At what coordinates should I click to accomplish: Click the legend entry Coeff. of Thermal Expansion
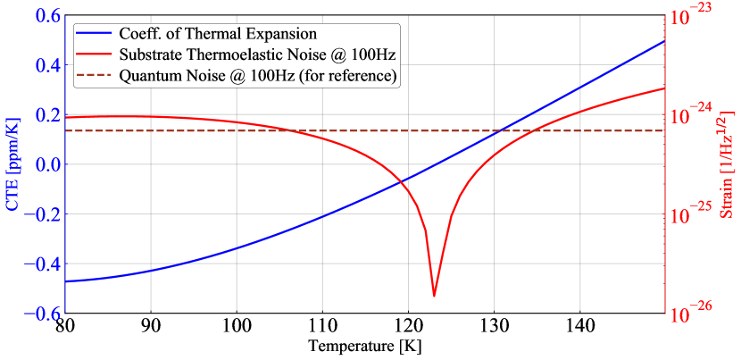coord(219,34)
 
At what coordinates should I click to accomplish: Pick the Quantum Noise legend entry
coord(258,76)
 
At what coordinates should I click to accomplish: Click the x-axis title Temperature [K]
coord(364,344)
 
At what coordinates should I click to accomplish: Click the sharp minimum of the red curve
coord(434,296)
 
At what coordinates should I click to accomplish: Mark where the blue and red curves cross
coord(402,180)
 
